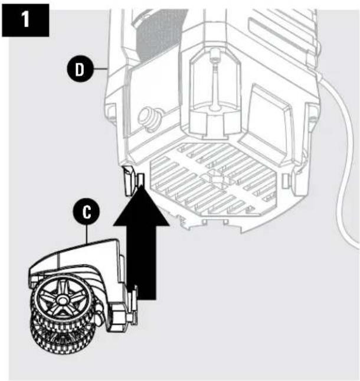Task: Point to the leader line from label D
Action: pyautogui.click(x=99, y=70)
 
